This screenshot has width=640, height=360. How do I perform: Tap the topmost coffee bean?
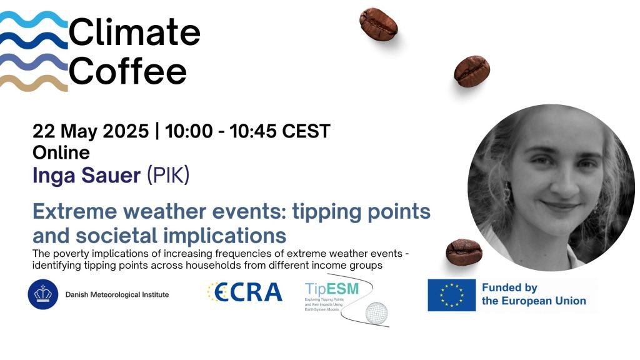379,24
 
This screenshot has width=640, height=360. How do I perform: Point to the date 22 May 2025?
91,132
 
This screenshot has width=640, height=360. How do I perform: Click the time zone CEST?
306,132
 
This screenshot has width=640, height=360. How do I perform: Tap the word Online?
61,152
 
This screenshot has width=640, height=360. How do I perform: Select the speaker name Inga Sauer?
86,176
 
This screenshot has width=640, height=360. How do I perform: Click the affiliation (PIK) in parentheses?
167,176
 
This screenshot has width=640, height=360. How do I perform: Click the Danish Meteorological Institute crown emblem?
43,294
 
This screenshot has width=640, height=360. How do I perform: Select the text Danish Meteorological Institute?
117,294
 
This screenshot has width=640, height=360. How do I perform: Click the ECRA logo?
244,292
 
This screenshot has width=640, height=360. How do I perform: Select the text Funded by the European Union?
533,294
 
